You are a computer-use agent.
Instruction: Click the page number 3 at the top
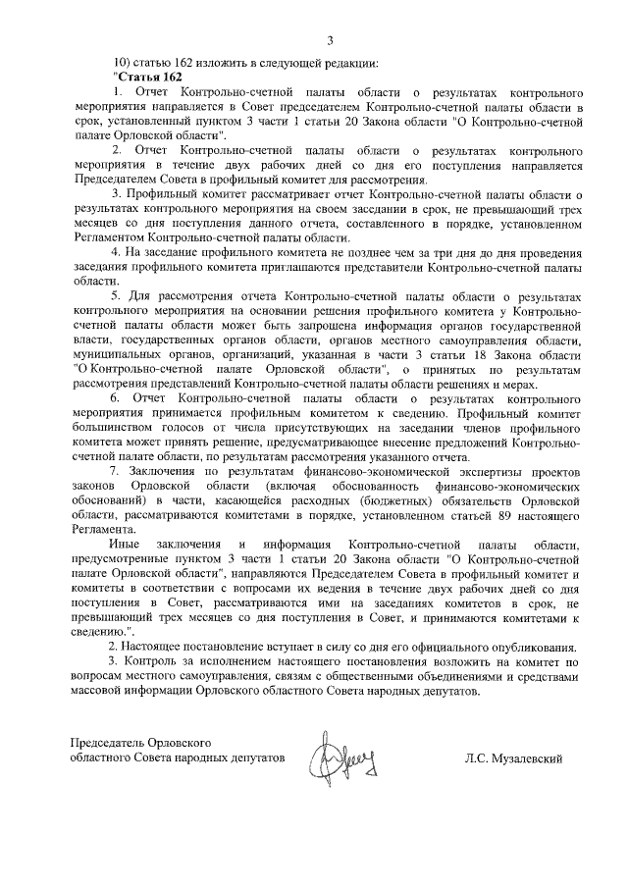[330, 40]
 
